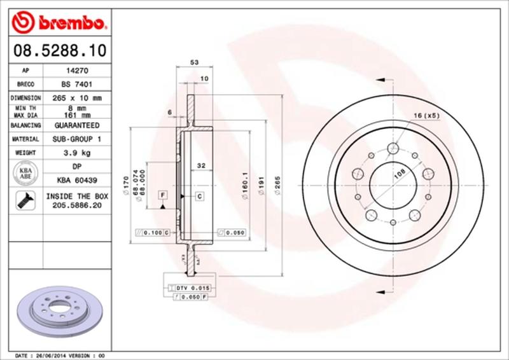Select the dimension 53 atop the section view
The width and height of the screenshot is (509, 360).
click(196, 62)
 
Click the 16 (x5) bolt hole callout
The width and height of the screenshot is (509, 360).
click(426, 115)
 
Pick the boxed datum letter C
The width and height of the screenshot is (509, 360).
click(199, 196)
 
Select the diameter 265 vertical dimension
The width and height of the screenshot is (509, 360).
click(277, 184)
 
